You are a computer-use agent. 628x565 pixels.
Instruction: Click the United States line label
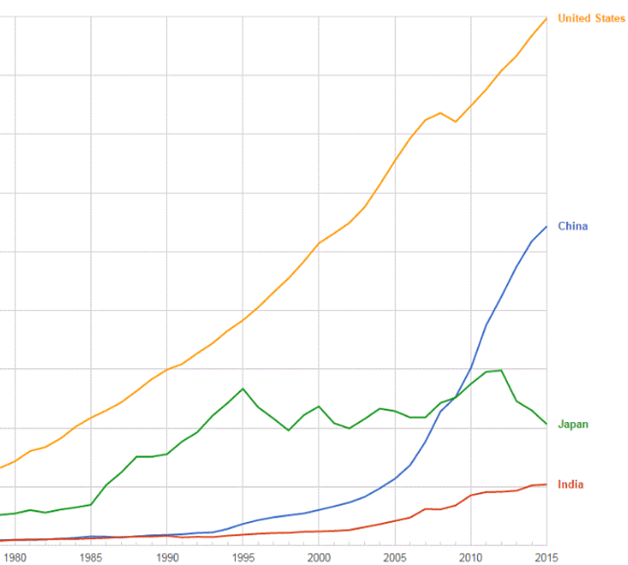591,18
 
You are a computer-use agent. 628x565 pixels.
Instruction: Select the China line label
572,226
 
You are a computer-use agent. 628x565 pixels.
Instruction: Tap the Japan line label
572,424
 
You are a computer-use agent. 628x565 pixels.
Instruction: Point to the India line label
571,485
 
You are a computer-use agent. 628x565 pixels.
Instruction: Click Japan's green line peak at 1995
243,389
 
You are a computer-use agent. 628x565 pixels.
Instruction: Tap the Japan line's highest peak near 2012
501,370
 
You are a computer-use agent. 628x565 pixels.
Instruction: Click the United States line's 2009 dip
456,121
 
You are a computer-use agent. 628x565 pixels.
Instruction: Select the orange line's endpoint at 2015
546,18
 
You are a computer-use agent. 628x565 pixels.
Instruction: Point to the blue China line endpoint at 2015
546,226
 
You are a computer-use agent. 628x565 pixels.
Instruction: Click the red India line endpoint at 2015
546,484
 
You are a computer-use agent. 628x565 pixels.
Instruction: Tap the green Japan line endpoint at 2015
546,424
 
